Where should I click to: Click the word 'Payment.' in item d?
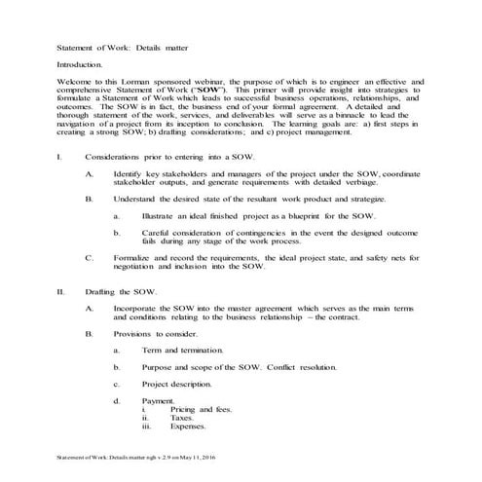click(159, 400)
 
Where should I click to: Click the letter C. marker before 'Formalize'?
click(90, 258)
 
